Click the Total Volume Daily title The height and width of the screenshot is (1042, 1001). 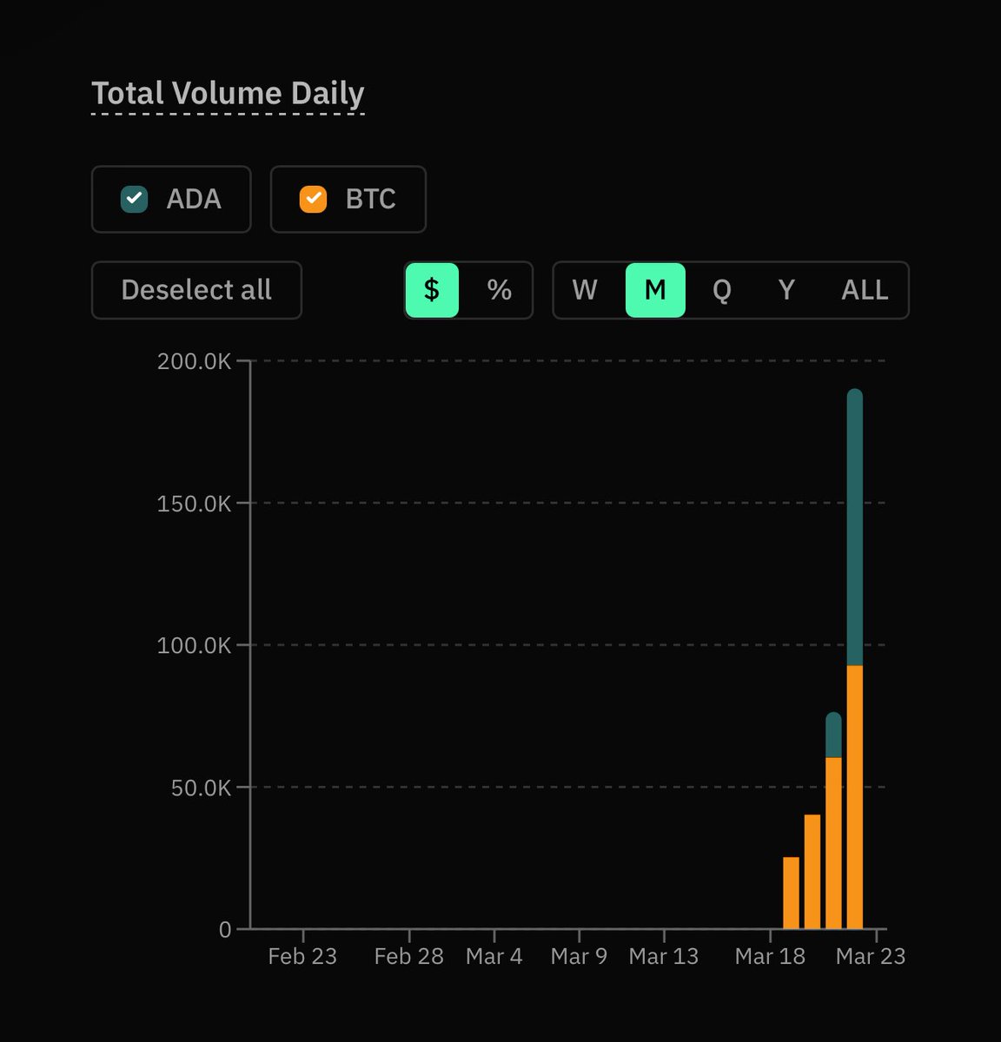pos(228,94)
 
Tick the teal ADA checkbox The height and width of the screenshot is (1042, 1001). pos(134,199)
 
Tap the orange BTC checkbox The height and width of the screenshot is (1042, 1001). pos(313,199)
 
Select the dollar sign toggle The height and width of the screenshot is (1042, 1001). pos(432,290)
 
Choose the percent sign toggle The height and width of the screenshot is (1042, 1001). pos(499,290)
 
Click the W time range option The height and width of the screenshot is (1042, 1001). pos(585,290)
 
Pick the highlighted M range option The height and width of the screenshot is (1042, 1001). pos(655,290)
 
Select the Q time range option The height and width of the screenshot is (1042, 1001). pos(721,290)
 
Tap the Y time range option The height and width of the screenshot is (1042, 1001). pos(786,290)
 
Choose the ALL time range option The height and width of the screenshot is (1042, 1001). pos(865,290)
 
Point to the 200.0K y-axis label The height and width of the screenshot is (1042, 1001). pos(194,361)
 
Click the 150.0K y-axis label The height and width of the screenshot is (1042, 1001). pos(194,504)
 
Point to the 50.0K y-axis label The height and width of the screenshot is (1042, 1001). pos(201,788)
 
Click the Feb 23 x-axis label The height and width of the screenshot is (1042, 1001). pos(302,956)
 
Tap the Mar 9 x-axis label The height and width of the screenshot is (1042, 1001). pos(579,956)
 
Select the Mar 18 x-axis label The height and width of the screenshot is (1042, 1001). pos(770,956)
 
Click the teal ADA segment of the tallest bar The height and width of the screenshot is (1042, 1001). pos(855,530)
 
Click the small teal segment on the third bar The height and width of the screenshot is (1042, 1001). pos(833,735)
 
